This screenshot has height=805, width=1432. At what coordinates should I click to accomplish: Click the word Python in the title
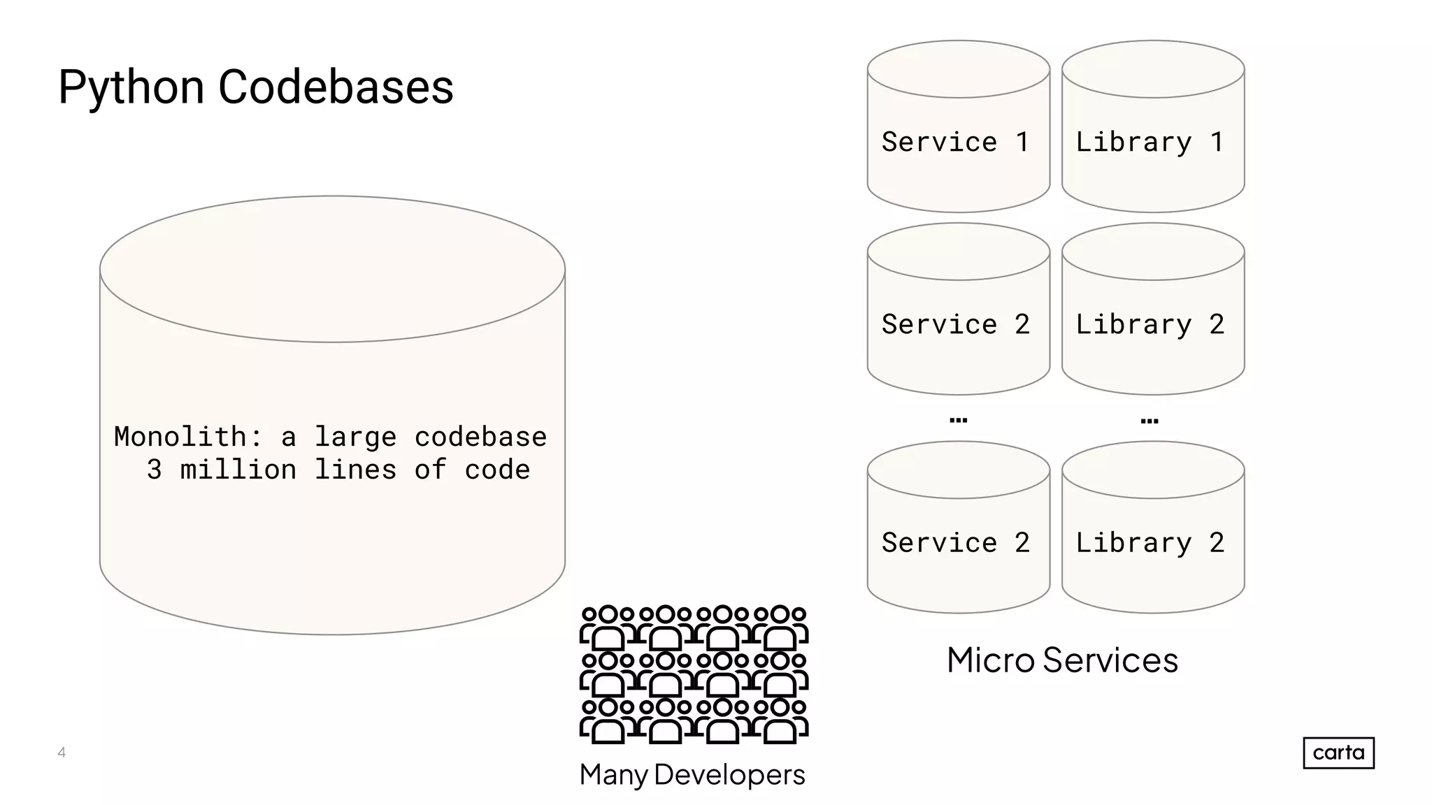(x=131, y=88)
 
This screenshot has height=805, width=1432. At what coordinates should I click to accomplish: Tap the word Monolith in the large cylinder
(x=180, y=437)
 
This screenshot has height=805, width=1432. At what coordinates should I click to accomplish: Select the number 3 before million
(x=155, y=470)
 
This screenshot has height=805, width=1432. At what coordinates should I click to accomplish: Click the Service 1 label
(x=955, y=142)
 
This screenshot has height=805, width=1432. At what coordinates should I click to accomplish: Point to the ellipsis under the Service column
(x=958, y=420)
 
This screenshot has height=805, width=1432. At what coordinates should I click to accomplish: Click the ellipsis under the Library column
(x=1149, y=421)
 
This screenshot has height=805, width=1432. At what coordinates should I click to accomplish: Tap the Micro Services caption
(x=1062, y=660)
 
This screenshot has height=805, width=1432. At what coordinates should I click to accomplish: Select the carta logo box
(x=1338, y=753)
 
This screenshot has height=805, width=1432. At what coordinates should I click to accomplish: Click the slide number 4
(x=62, y=753)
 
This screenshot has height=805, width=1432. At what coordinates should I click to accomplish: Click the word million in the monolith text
(x=238, y=470)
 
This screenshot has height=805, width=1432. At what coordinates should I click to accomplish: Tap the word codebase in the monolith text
(x=480, y=437)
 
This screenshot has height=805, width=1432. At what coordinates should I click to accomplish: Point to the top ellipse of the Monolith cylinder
(x=332, y=269)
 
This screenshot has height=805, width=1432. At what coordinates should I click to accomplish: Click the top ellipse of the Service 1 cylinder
(x=959, y=69)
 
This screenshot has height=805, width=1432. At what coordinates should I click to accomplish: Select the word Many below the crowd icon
(x=614, y=774)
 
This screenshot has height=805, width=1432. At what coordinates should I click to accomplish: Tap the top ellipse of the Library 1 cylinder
(x=1153, y=69)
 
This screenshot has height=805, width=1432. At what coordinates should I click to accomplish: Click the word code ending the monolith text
(x=497, y=470)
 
